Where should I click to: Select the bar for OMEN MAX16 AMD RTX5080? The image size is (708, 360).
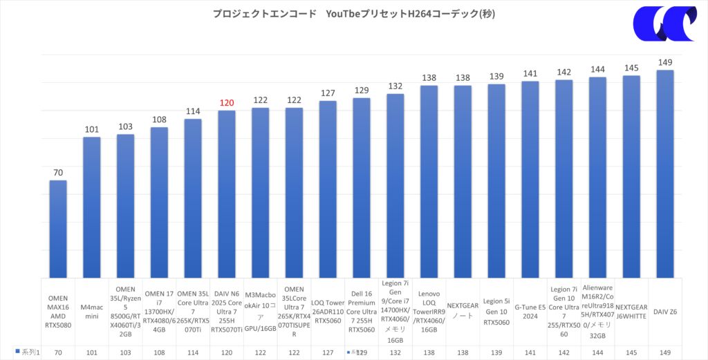(58, 228)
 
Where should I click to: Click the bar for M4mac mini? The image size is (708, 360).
(92, 207)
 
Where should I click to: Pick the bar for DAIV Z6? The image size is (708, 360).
(665, 173)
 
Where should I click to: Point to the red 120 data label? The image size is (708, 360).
(227, 103)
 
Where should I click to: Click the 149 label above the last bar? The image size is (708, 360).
(665, 62)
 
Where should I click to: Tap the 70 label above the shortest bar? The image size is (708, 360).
(58, 173)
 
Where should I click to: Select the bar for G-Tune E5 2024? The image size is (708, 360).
(530, 180)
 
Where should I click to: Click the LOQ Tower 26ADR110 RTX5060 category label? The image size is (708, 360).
(328, 312)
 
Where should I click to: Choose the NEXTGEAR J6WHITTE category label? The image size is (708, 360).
(631, 312)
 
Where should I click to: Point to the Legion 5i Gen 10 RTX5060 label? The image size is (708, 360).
(496, 312)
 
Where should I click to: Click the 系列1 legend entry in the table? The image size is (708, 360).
(28, 352)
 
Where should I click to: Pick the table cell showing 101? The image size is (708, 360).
(92, 352)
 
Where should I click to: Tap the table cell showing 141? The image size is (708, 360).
(530, 352)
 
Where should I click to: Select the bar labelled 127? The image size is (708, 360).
(328, 190)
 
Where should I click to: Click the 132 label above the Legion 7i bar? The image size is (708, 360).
(395, 86)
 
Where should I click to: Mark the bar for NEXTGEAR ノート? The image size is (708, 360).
(463, 181)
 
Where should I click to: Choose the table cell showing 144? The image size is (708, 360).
(597, 352)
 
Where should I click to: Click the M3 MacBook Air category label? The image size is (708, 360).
(261, 312)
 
